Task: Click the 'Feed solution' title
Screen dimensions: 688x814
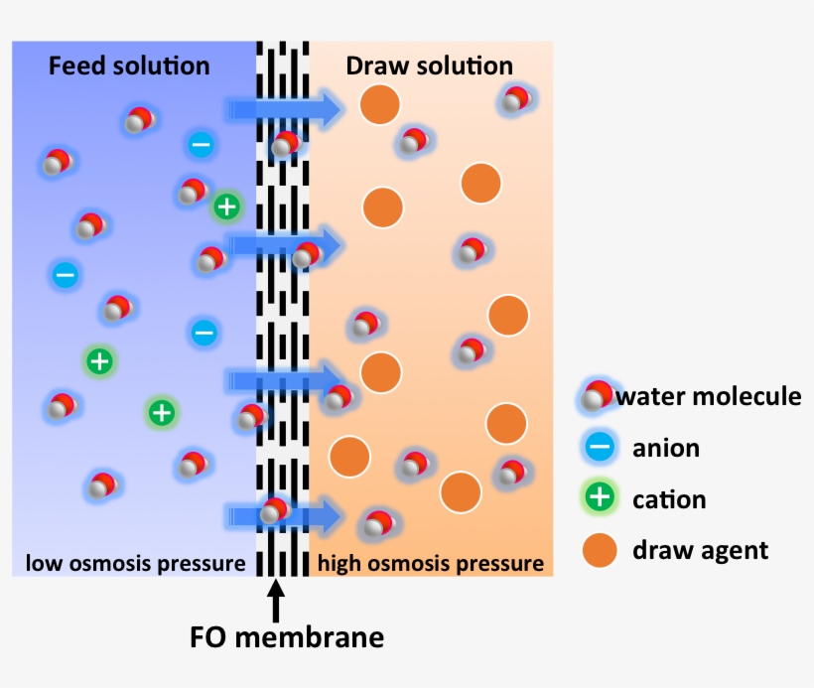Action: pos(129,67)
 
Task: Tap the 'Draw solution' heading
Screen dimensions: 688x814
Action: pos(429,67)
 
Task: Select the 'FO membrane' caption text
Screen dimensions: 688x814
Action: pos(286,636)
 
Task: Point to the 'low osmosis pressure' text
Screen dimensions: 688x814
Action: pos(135,564)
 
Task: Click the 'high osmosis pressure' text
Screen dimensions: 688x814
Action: pos(431,564)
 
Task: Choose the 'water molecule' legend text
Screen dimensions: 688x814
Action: pos(708,397)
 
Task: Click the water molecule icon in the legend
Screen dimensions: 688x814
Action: pos(597,396)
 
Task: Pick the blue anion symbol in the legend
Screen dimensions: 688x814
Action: pos(600,448)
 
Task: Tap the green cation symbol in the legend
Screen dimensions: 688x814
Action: pos(600,498)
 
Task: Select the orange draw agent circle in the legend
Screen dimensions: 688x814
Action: pos(600,549)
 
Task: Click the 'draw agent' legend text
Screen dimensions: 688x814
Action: pos(700,549)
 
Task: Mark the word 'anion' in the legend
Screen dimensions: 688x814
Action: pos(665,448)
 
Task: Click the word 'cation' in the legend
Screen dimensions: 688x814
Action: pos(669,498)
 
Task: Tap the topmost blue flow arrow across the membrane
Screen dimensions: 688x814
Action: pos(284,109)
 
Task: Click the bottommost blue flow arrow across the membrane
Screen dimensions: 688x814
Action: pos(284,515)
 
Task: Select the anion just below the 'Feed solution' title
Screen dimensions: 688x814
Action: pos(200,145)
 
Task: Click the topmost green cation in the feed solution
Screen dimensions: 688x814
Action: pos(227,206)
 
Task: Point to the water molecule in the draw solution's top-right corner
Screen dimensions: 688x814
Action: pos(514,98)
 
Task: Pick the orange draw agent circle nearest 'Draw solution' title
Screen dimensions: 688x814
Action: pos(379,104)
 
